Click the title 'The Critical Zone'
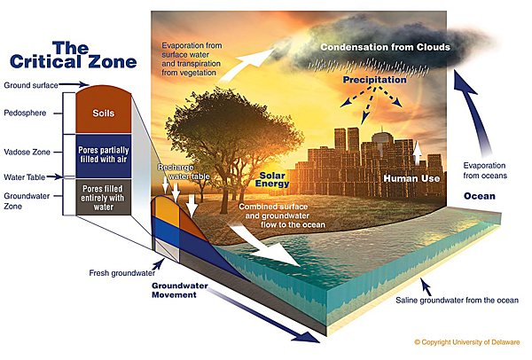click(x=73, y=55)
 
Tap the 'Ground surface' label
click(x=31, y=85)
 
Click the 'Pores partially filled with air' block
click(x=104, y=156)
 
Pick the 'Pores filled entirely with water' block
click(x=104, y=198)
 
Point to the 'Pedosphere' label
click(x=25, y=113)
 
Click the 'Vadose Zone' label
click(x=27, y=152)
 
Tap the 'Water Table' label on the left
click(x=25, y=177)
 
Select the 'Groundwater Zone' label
click(x=27, y=201)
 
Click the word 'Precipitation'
click(x=374, y=80)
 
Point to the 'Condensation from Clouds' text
click(x=386, y=47)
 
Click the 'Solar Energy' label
click(x=272, y=180)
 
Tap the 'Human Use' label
click(x=411, y=178)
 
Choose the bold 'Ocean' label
click(x=480, y=196)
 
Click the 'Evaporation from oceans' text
click(x=485, y=170)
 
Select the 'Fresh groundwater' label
click(x=122, y=273)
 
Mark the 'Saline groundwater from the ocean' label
click(x=457, y=301)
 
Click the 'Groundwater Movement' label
click(x=180, y=290)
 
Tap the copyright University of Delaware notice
click(x=467, y=342)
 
